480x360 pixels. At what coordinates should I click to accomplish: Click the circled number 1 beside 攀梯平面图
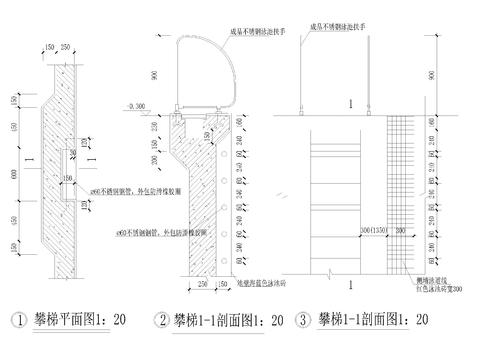(17, 320)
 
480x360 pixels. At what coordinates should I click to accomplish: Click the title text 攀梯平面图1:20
(79, 320)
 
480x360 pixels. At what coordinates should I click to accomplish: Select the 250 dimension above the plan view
(66, 46)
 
